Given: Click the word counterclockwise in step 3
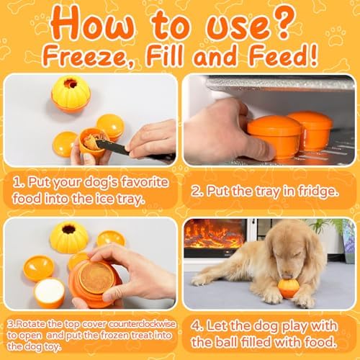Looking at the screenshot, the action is coord(142,324).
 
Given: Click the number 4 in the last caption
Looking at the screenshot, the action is coord(196,326).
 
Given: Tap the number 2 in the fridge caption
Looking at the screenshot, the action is coord(195,192).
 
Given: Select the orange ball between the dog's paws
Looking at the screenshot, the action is coord(289,288).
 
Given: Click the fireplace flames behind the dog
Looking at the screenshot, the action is coord(215,234).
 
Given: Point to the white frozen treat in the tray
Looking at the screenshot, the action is coord(50,291).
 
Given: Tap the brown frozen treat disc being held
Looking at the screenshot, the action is coord(96,278).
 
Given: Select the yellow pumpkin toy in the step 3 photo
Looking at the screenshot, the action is coord(69,238).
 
